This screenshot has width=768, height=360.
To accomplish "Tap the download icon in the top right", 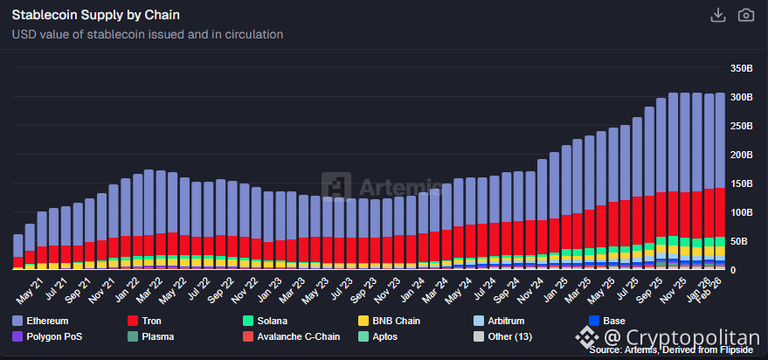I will (718, 15).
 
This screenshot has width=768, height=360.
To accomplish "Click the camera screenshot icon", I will (745, 15).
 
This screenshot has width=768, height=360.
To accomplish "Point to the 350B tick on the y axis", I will (741, 68).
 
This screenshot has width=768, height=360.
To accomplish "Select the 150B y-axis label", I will (741, 183).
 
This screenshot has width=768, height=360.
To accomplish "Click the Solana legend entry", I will (269, 322).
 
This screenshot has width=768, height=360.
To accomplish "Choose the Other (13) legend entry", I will (509, 336).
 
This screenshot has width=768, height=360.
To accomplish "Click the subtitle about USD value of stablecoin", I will (147, 35).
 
